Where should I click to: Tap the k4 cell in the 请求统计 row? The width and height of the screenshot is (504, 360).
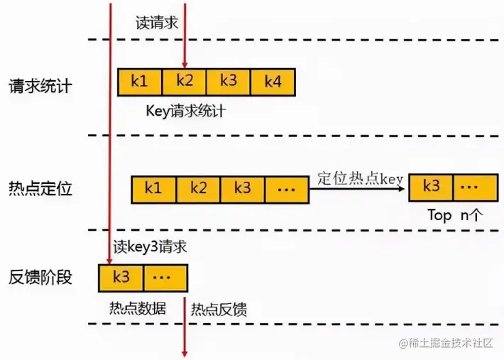273,82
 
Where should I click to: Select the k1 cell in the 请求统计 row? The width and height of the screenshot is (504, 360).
140,82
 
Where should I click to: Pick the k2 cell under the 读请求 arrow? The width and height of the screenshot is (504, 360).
184,82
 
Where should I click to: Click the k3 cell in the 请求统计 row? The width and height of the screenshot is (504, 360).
228,82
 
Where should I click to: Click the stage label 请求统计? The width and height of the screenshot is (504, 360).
40,86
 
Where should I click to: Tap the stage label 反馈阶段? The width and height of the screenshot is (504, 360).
40,277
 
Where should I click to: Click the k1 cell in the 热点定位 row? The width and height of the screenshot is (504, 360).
153,190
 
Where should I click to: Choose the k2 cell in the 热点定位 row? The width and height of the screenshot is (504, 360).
198,190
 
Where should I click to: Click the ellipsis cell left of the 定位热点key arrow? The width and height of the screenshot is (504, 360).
287,190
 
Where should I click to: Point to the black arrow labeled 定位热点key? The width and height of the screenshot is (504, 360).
358,190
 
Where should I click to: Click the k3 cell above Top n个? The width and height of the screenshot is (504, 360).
432,187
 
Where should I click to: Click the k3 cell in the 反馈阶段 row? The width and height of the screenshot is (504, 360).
121,278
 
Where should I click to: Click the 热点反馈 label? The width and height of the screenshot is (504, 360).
219,310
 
